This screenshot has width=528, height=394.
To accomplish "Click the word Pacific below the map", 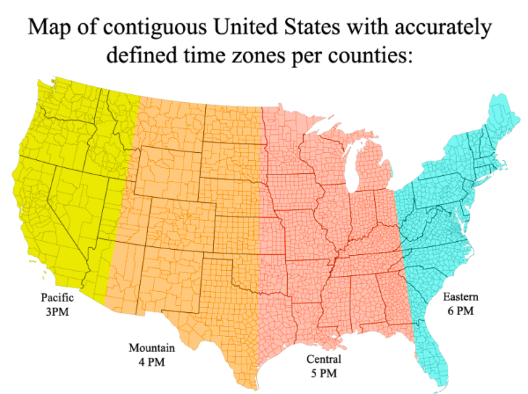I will tap(57, 298).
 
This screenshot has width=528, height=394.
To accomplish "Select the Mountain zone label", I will tap(152, 348).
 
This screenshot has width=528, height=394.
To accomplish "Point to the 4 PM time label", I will tap(152, 361).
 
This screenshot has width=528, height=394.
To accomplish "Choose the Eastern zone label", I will tap(461, 297).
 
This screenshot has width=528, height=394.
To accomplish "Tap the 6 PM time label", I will tap(461, 311).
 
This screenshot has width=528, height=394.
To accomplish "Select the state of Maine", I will tap(500, 120).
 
